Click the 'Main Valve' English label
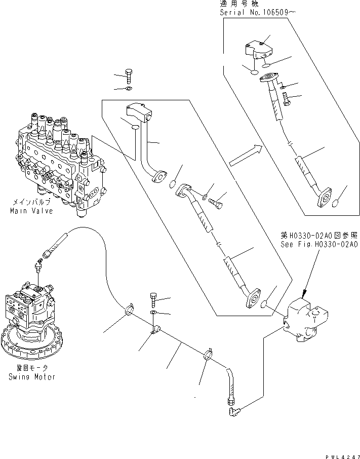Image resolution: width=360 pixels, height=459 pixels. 32,211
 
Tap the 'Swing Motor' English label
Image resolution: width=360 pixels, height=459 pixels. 31,377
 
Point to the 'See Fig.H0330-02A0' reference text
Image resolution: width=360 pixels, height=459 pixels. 319,244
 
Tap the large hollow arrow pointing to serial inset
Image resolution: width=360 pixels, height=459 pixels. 246,156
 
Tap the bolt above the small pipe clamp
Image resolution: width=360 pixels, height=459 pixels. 154,299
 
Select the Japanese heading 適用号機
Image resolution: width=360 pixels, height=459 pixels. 234,3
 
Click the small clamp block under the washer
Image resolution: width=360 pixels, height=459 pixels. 156,330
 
